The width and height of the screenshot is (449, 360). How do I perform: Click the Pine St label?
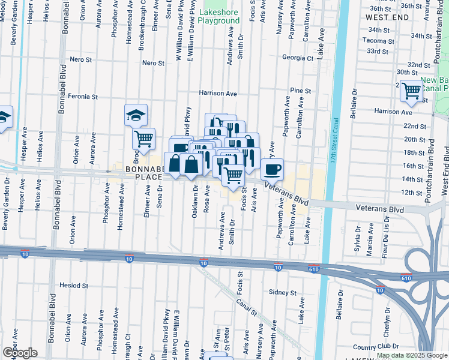[300, 91]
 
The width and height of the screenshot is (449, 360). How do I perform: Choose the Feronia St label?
[83, 96]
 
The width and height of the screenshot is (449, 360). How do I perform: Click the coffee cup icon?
[273, 169]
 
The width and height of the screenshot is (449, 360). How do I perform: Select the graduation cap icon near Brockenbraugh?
[136, 114]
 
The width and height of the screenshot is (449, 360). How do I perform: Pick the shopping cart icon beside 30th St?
[412, 91]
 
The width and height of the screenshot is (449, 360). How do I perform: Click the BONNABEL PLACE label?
[144, 173]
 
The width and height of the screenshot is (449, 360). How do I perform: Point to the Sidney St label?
[282, 293]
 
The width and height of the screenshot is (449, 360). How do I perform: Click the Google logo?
[20, 353]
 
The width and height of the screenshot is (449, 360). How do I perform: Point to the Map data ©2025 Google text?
[411, 355]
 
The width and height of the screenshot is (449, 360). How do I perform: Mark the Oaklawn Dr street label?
[195, 202]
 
